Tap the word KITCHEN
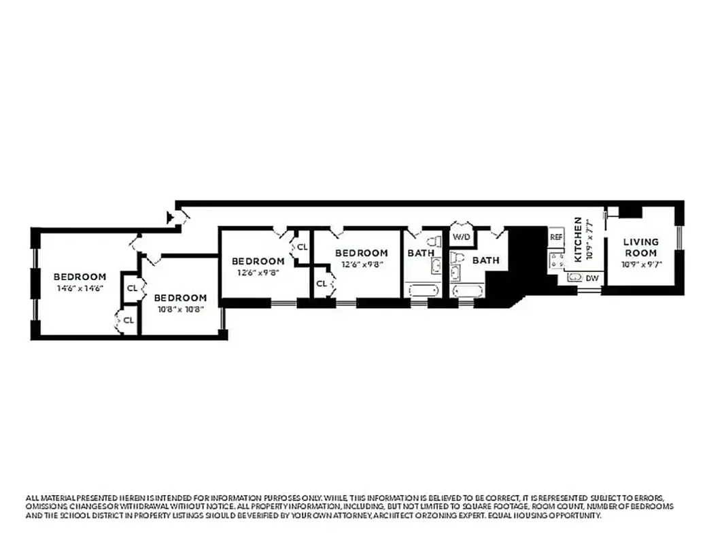[579, 239]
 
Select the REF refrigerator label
[556, 237]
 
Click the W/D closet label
[462, 237]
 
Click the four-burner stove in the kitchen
[557, 259]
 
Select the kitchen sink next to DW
[574, 277]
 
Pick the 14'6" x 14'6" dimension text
[80, 288]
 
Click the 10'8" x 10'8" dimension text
[179, 309]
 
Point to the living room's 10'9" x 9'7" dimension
[641, 264]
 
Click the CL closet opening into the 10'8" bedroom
[131, 288]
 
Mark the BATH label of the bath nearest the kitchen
[485, 260]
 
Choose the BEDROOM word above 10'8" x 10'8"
[179, 298]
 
